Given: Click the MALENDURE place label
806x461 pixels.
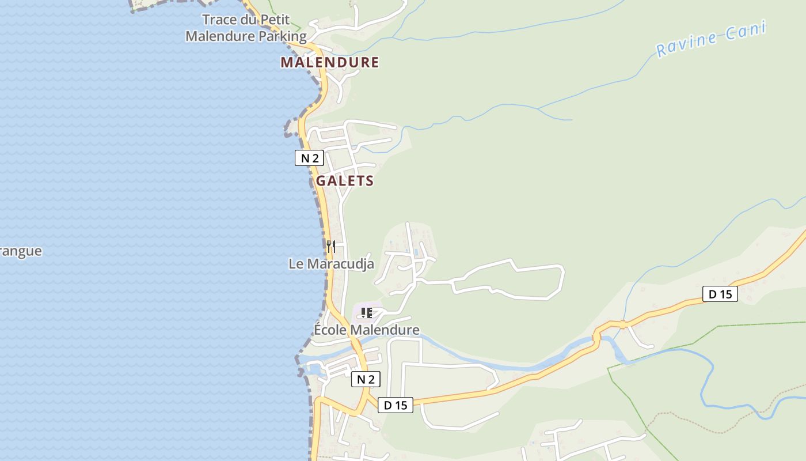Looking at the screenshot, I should pos(330,62).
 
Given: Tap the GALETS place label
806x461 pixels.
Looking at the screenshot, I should pos(345,181).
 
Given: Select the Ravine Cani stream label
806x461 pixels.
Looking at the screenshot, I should pos(711,39).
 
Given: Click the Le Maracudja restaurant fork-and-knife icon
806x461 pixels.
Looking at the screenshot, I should pos(331,247).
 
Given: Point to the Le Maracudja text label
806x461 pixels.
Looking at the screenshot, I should pos(331,264).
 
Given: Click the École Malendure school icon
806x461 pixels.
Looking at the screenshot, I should pos(366,313).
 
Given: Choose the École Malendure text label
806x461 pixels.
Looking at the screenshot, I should pos(366,330).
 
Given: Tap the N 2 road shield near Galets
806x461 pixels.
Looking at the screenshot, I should pos(309,158).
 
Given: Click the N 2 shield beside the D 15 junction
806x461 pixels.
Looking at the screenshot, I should pos(366,379).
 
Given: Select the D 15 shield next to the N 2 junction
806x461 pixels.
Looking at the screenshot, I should pos(396,405).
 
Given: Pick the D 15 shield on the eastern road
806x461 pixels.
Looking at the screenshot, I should pos(720,294).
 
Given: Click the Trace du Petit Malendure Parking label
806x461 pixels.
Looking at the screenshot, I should pos(246,28).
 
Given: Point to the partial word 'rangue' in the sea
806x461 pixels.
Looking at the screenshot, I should pos(21,251).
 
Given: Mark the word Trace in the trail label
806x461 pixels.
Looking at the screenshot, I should pos(219,20).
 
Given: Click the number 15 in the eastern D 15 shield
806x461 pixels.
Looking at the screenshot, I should pos(726,294).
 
